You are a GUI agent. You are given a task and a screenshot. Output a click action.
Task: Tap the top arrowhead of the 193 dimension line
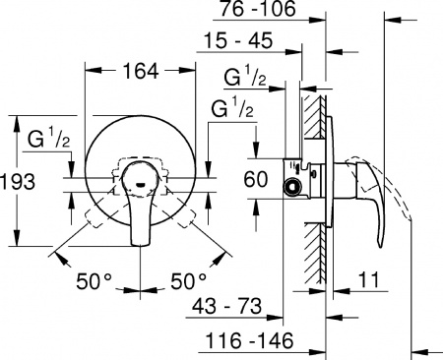click(x=17, y=121)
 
